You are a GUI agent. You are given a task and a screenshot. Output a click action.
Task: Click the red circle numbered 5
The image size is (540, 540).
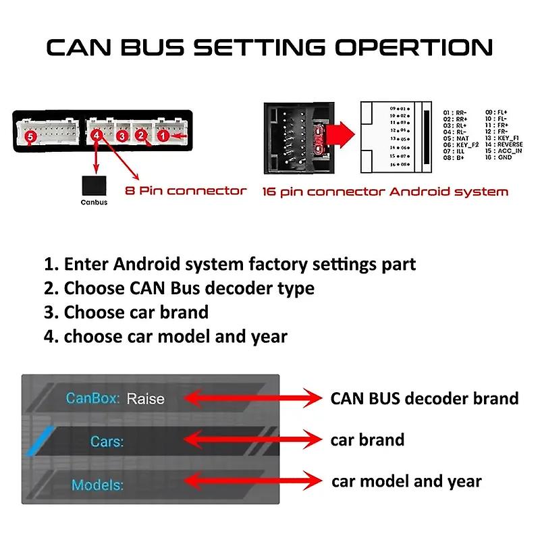click(30, 137)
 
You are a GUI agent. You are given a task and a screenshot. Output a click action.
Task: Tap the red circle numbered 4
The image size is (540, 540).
click(97, 136)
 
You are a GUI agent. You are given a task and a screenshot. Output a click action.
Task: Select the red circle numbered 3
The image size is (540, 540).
click(122, 136)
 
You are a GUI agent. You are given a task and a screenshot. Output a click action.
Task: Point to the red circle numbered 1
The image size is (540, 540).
click(163, 136)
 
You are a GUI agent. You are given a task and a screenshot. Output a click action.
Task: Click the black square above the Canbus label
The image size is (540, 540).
click(94, 186)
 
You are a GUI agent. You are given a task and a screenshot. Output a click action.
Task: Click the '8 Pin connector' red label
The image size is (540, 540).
click(186, 191)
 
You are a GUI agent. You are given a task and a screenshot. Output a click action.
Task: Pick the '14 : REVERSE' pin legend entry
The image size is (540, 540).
click(504, 144)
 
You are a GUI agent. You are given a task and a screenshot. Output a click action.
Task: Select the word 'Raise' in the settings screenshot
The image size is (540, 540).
click(145, 399)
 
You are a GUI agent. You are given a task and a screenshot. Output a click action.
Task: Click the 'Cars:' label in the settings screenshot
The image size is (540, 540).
click(107, 442)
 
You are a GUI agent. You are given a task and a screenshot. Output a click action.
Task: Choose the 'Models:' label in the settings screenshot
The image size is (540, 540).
click(97, 485)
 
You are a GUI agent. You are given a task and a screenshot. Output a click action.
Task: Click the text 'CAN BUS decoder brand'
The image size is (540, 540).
click(424, 398)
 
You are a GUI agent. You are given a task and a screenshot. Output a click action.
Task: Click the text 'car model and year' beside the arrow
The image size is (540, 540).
click(406, 482)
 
